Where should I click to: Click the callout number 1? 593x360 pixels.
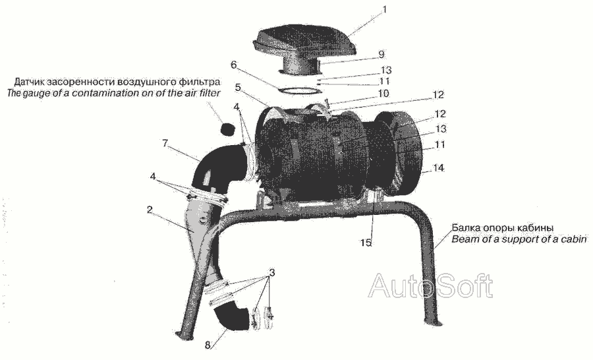pos(385,9)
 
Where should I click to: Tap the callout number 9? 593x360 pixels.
pos(381,55)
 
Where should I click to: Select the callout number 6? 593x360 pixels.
pos(233,65)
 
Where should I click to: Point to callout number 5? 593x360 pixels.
pos(237,88)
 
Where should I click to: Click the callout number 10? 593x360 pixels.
pos(383,93)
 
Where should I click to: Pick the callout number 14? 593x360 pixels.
pos(439,167)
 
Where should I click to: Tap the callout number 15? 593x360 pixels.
pos(366,243)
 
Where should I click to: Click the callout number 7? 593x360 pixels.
pos(165,144)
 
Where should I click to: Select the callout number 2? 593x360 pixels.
pos(150,210)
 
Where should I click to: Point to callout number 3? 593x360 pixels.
pos(272,272)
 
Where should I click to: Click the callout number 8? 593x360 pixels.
pos(208,345)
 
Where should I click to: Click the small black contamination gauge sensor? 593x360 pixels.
pos(227,129)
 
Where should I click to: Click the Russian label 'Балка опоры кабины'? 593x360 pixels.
pos(503,228)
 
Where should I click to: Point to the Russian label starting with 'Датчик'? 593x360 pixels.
pos(117,82)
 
